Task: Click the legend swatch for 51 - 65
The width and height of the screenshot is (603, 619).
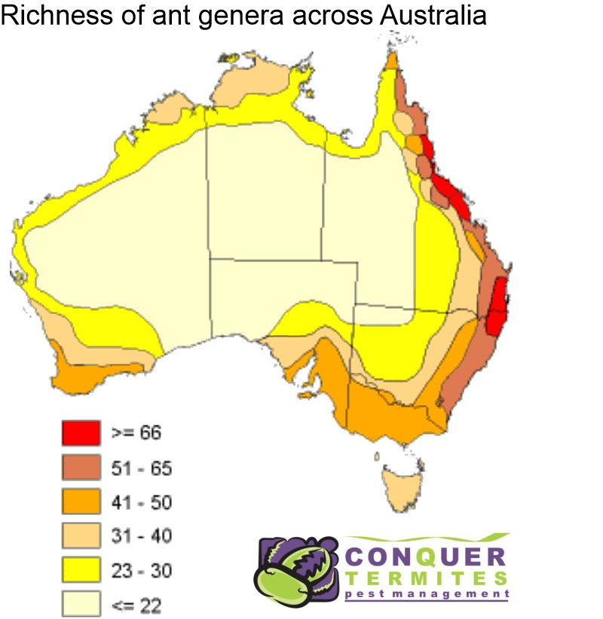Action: click(80, 467)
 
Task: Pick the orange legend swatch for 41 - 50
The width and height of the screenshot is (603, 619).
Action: click(80, 502)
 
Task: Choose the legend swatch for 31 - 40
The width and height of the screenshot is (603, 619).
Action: click(80, 535)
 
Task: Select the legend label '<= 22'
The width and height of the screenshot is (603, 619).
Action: click(136, 604)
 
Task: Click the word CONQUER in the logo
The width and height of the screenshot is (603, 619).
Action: click(425, 558)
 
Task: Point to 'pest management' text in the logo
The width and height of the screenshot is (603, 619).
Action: click(427, 594)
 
